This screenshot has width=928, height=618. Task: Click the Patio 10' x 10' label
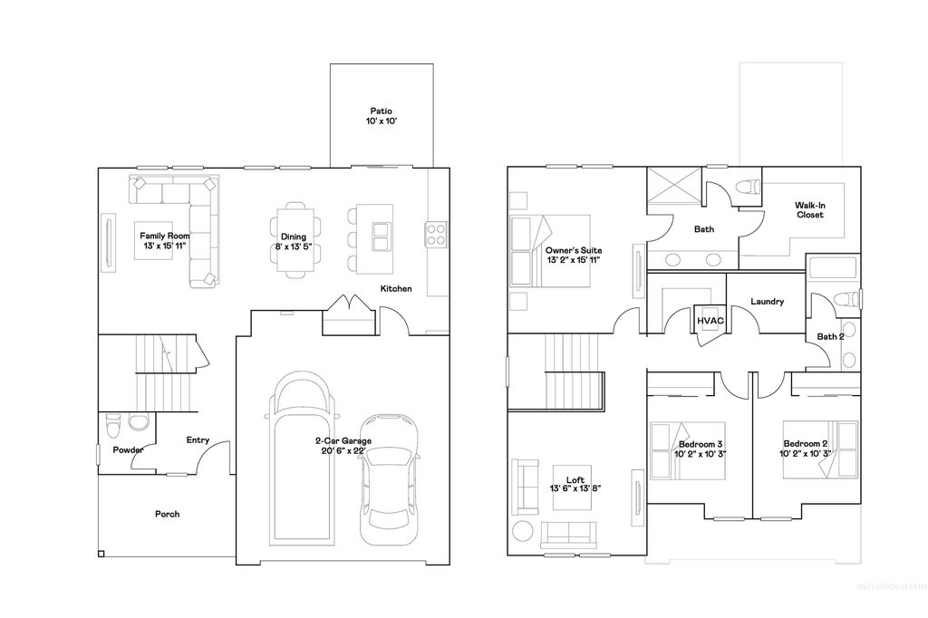[x=381, y=115]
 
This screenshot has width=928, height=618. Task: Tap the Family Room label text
[x=158, y=235]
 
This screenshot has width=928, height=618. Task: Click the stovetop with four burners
[x=436, y=234]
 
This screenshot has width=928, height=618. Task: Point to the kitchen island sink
[x=379, y=237]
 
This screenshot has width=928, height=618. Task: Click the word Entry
[x=198, y=440]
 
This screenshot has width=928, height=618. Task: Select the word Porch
[x=167, y=514]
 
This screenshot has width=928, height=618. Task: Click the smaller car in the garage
[x=388, y=478]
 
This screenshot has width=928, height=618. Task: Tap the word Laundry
[x=768, y=302]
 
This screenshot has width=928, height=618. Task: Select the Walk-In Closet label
[x=809, y=210]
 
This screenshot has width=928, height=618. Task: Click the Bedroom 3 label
[x=701, y=449]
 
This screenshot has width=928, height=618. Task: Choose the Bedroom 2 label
[x=806, y=449]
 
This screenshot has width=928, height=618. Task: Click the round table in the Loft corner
[x=523, y=532]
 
